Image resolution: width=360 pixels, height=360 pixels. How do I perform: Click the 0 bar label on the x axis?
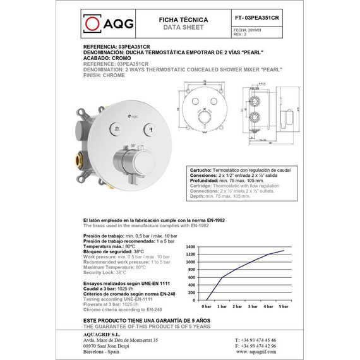point(207,305)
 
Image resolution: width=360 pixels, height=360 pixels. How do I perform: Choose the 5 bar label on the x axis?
point(284,305)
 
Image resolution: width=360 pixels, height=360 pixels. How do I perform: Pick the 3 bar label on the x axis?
point(253,305)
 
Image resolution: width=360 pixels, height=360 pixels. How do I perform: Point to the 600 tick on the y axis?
point(192,277)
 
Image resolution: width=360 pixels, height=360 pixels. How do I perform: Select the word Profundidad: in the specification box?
point(205,181)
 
